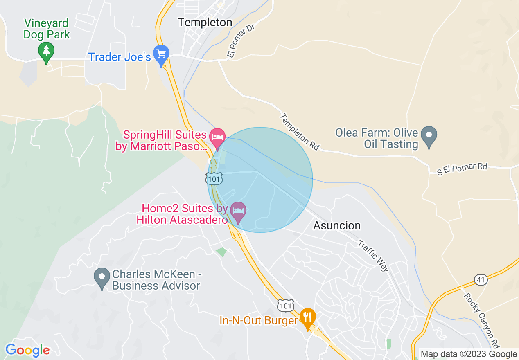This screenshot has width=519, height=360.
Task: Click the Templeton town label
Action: [205, 22]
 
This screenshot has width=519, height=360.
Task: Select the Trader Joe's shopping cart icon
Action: [161, 54]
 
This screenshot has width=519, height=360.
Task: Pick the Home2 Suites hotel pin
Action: [238, 211]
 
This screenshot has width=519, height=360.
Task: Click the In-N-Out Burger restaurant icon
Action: [307, 317]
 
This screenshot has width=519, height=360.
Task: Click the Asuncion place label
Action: [337, 225]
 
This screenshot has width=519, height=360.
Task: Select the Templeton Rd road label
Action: [300, 132]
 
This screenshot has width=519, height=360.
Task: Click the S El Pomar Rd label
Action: [462, 169]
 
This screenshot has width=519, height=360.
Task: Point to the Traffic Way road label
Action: [373, 256]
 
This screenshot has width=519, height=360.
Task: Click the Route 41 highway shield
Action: [481, 280]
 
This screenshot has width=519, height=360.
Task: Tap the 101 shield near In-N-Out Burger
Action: [285, 305]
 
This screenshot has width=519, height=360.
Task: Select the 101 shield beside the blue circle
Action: [214, 179]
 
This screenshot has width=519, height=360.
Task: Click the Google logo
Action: [27, 350]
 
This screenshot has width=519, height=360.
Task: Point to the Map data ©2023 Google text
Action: [469, 354]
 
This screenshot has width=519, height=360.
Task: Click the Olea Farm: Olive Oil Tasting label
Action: [377, 139]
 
